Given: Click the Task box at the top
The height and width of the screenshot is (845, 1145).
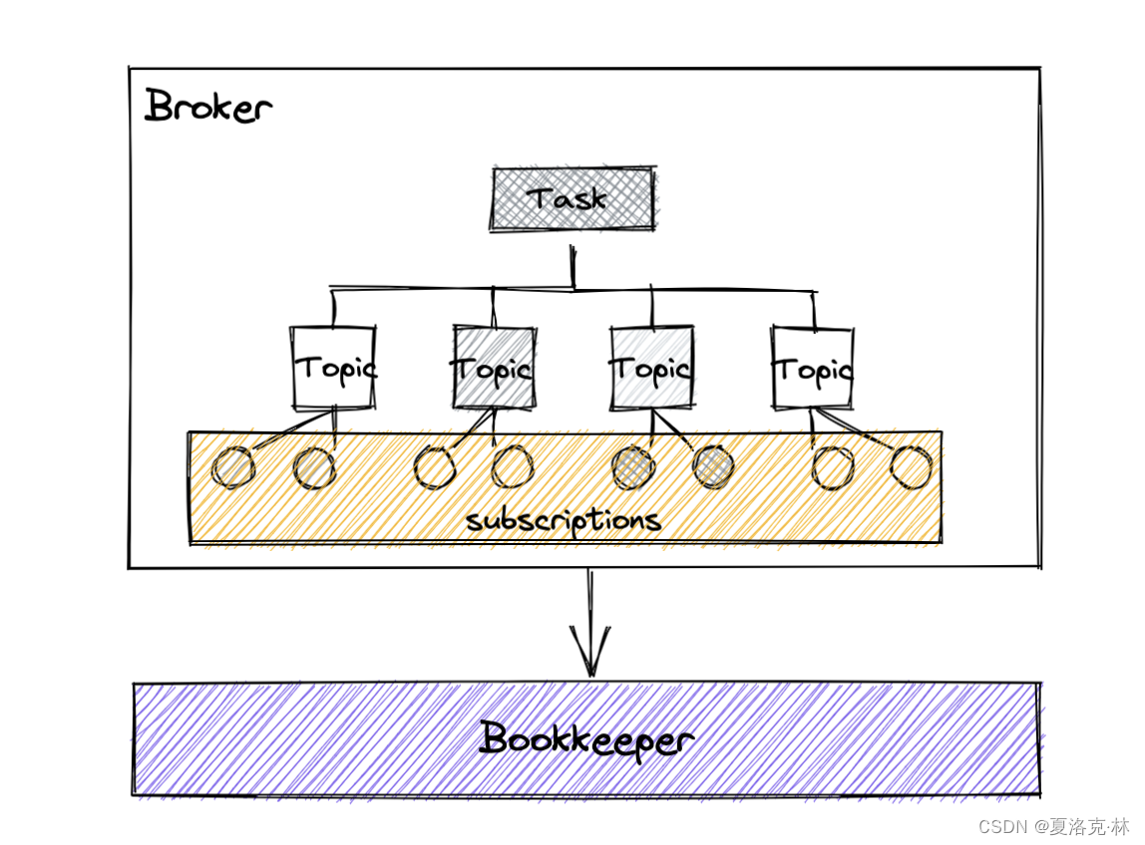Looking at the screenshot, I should [572, 199].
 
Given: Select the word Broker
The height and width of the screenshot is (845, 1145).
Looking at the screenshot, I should [207, 107].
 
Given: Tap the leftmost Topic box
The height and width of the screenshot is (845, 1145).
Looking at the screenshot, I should [334, 368].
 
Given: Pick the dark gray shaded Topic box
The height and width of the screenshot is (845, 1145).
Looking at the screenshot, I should [493, 368].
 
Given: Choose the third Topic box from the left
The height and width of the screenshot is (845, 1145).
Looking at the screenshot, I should [651, 368].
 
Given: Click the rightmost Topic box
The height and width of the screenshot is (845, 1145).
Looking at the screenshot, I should [813, 368].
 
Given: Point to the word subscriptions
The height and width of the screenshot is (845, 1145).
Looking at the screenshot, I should [564, 520].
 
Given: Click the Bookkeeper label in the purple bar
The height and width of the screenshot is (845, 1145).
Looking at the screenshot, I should [586, 740].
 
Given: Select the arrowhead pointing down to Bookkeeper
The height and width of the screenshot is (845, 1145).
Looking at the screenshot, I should [590, 658].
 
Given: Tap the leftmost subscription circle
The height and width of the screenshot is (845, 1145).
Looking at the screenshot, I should [233, 467].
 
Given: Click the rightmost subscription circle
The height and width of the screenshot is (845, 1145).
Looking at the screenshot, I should [911, 467].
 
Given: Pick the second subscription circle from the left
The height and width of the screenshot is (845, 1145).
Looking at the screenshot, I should [314, 467].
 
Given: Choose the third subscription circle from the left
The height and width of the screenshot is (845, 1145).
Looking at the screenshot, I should [435, 467].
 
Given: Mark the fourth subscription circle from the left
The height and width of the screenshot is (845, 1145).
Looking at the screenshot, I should [513, 467].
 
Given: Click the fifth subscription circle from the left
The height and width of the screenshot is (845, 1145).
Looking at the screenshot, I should [632, 467].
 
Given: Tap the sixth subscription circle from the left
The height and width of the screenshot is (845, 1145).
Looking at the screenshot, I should [712, 467].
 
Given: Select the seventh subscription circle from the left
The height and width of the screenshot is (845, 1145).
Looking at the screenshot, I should [833, 467].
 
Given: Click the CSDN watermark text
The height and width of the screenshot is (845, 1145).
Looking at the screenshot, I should [1053, 826].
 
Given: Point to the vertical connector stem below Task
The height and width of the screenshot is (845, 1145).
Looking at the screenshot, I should [572, 266].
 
